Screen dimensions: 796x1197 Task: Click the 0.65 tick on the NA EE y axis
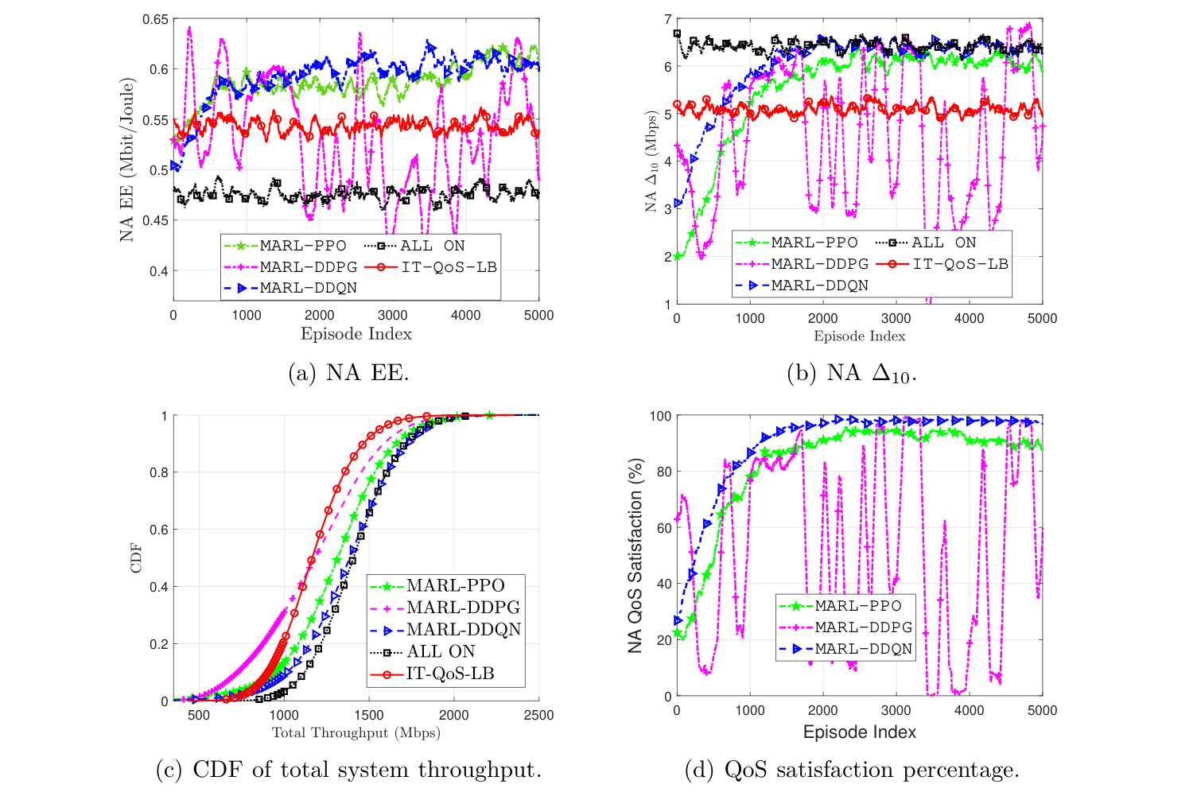pyautogui.click(x=156, y=19)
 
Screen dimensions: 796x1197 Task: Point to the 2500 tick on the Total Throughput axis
pyautogui.click(x=538, y=715)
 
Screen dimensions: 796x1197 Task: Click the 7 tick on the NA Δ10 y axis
pyautogui.click(x=667, y=19)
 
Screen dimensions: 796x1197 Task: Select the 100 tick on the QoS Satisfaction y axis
pyautogui.click(x=660, y=416)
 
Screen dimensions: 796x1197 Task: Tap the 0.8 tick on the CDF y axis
pyautogui.click(x=159, y=472)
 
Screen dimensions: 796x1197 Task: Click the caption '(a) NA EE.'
pyautogui.click(x=348, y=372)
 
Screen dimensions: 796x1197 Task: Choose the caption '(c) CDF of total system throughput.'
pyautogui.click(x=348, y=769)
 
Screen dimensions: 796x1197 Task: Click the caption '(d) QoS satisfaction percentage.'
pyautogui.click(x=852, y=769)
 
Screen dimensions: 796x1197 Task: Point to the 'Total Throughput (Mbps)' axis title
pyautogui.click(x=356, y=732)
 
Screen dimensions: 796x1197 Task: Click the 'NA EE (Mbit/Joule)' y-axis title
pyautogui.click(x=126, y=159)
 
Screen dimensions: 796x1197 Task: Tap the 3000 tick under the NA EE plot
pyautogui.click(x=392, y=315)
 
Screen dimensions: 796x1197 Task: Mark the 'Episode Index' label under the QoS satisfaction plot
pyautogui.click(x=859, y=732)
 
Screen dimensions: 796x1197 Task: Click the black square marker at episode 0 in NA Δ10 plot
pyautogui.click(x=677, y=34)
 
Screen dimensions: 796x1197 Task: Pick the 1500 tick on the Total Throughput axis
pyautogui.click(x=369, y=715)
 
